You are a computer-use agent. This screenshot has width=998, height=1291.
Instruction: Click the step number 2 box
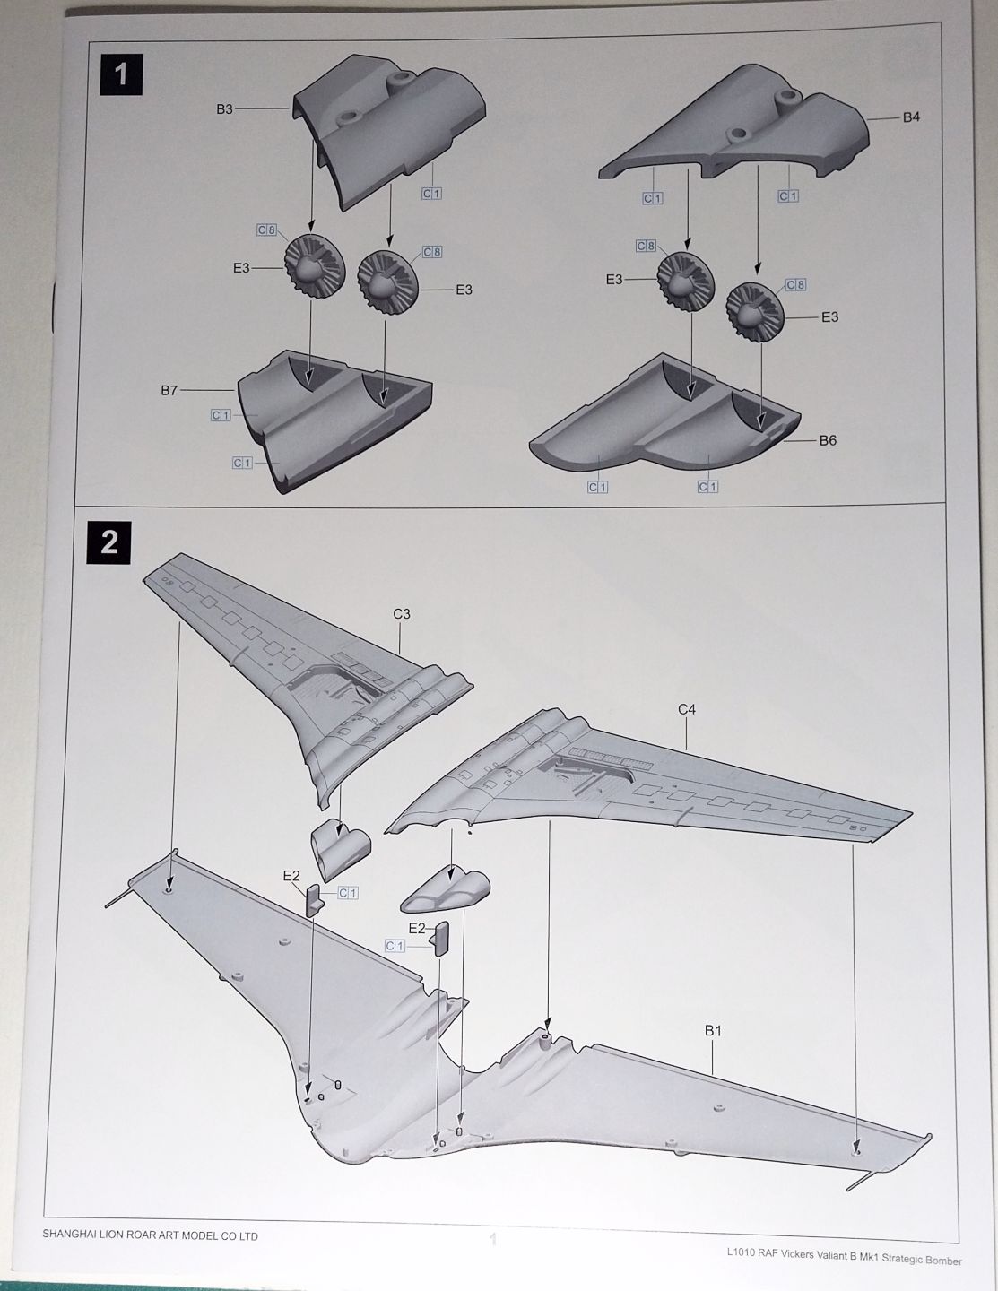[109, 542]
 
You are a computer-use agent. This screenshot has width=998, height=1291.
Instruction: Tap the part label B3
[224, 109]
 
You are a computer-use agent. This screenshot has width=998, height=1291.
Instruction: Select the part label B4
[911, 117]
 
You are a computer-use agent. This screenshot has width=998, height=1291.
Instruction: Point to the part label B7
[169, 391]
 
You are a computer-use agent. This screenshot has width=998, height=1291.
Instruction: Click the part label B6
[828, 440]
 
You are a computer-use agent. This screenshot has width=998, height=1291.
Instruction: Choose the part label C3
[402, 614]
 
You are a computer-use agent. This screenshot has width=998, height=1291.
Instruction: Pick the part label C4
[687, 709]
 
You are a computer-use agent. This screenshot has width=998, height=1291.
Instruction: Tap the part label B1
[713, 1031]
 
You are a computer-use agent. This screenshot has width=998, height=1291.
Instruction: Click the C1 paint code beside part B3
[432, 194]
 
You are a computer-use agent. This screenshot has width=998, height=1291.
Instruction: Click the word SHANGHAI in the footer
[74, 1235]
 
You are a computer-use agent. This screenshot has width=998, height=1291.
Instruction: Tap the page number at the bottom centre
[491, 1240]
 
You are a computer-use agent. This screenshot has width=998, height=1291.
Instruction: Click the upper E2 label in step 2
[291, 876]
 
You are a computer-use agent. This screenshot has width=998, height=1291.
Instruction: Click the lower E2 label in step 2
[416, 928]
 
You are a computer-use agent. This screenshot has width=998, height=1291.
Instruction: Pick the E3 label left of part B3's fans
[241, 268]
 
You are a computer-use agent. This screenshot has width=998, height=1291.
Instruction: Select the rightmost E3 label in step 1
[829, 316]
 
